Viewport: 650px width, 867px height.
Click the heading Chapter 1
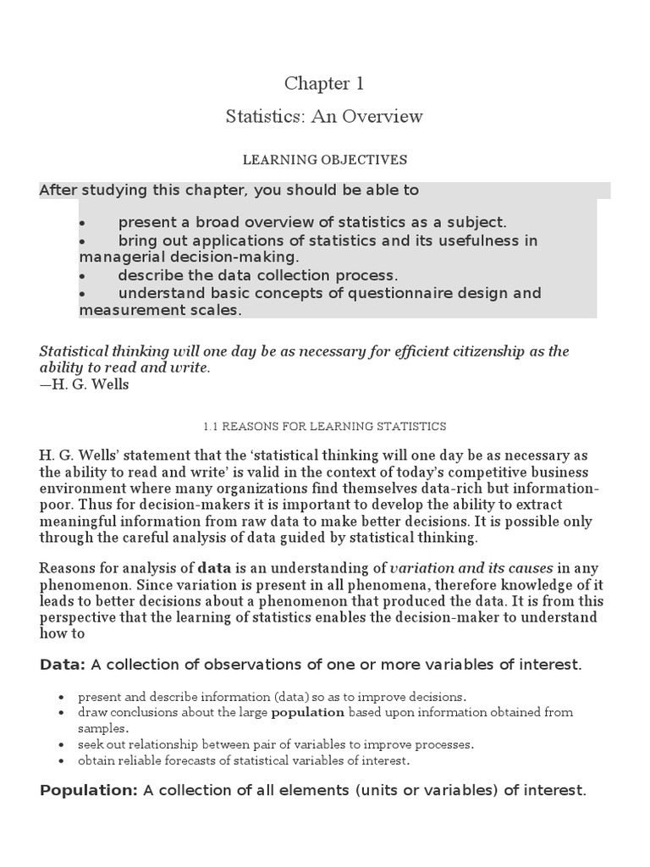coord(324,84)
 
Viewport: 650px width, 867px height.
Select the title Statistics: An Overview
coord(324,117)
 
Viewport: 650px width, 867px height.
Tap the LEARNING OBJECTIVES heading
coord(325,159)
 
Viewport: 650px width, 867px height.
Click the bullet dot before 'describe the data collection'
coord(82,276)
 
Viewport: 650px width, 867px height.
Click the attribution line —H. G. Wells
coord(85,384)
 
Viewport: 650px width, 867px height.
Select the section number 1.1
coord(212,427)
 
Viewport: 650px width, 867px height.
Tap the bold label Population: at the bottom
coord(89,790)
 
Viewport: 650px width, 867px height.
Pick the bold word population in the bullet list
coord(307,713)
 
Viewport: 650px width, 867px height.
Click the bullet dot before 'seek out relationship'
coord(63,745)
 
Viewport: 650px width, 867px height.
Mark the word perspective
coord(81,616)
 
